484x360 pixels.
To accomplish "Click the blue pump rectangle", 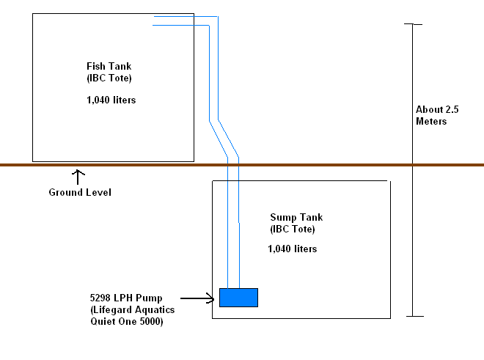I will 238,297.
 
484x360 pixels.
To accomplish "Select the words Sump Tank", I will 296,218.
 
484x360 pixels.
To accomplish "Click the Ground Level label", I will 79,193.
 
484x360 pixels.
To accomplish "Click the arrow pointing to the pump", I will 197,298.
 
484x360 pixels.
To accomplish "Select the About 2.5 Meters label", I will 437,115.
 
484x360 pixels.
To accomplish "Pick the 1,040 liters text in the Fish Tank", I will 111,100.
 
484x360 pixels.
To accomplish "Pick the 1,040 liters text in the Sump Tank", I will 292,249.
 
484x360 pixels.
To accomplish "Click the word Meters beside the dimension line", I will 431,121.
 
